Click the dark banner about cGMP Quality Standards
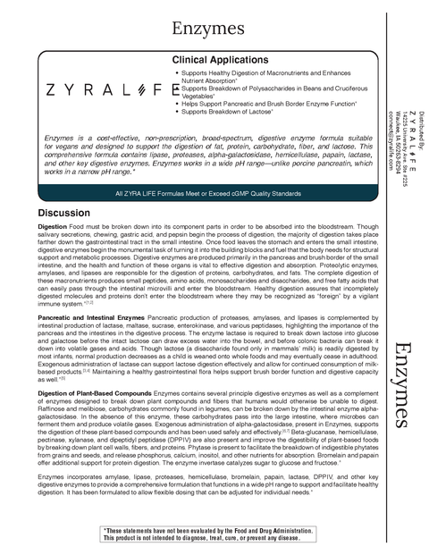(197, 194)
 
